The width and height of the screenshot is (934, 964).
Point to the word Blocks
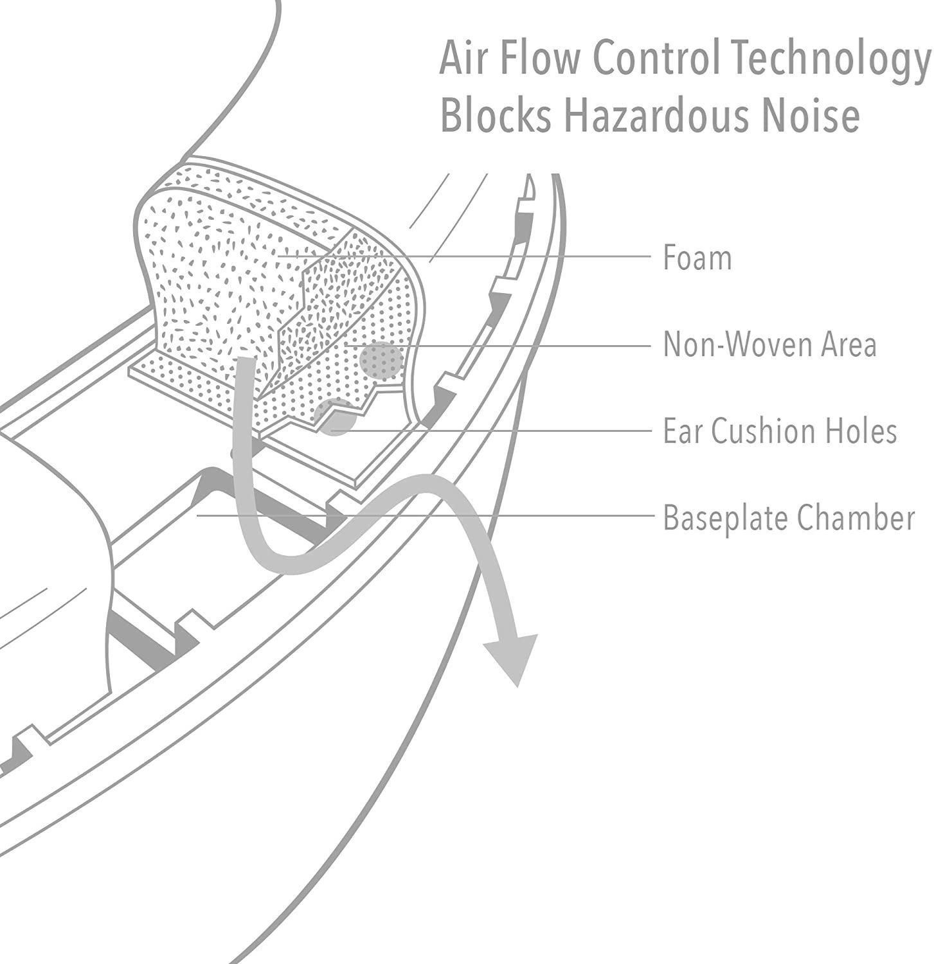pyautogui.click(x=496, y=116)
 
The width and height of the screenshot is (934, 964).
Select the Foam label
pyautogui.click(x=697, y=258)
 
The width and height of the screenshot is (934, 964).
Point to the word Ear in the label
pyautogui.click(x=683, y=431)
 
